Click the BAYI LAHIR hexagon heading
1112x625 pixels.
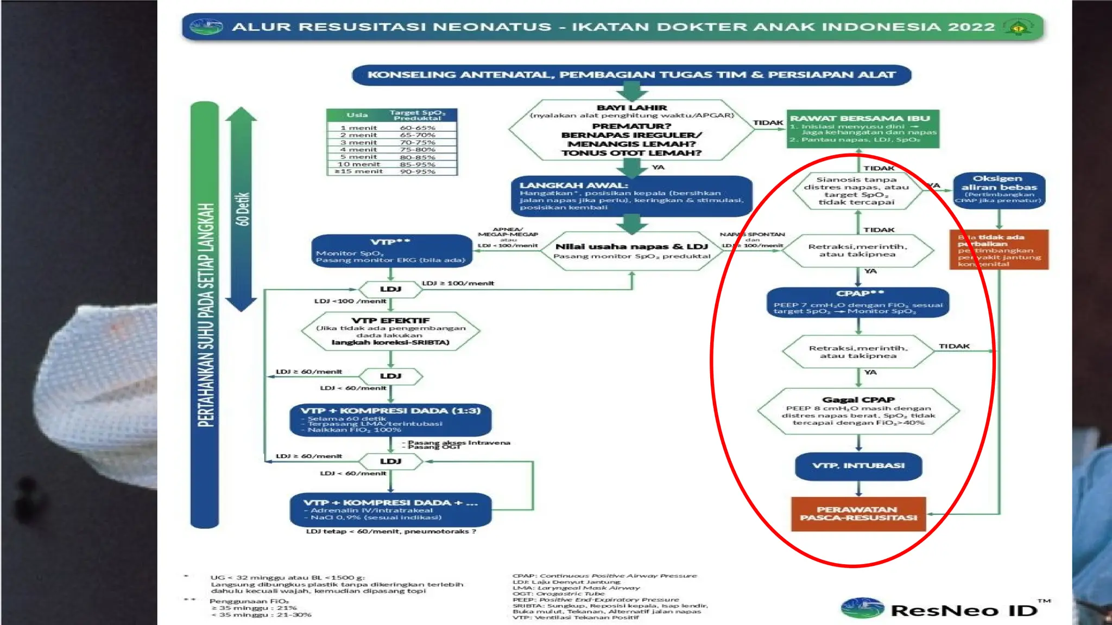pos(631,107)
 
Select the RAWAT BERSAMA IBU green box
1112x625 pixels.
pos(863,129)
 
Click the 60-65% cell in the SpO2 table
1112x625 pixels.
pos(418,127)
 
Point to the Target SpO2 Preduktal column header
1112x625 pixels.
pos(417,115)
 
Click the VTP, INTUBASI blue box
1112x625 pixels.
pos(858,465)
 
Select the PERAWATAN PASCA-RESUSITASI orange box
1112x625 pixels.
pos(858,513)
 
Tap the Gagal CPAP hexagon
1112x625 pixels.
pos(858,411)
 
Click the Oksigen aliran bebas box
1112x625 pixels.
pos(999,189)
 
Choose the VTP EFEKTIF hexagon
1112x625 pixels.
pos(390,331)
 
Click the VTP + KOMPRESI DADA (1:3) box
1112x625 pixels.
pos(390,419)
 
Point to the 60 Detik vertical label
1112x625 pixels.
pos(242,209)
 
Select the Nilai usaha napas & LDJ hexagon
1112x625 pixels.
pos(631,251)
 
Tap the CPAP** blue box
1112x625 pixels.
pos(858,302)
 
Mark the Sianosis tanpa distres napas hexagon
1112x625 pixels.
pos(856,190)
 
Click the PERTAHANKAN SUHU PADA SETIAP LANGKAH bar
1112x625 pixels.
pos(205,315)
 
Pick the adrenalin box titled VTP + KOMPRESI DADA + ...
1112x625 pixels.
pos(390,509)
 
